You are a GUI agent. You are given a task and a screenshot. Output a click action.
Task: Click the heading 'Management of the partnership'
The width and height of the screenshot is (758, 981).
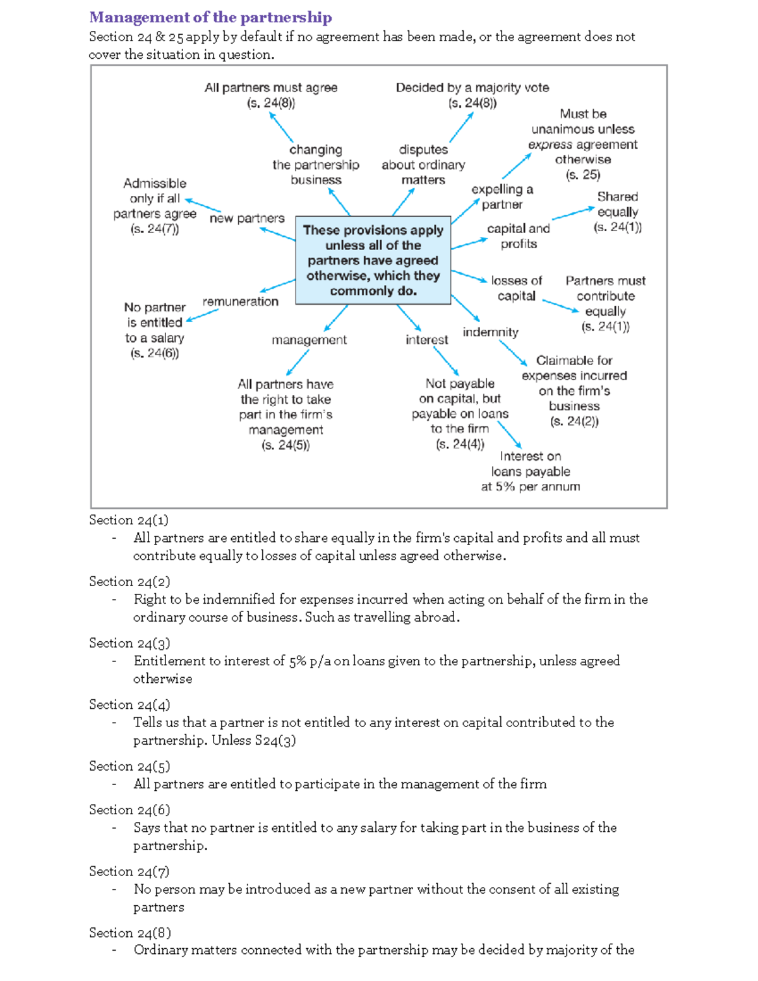click(210, 17)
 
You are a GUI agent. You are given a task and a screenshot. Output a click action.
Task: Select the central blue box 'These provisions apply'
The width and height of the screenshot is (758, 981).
click(373, 260)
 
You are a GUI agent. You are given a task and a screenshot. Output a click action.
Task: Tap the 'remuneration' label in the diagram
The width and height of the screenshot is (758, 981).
click(240, 301)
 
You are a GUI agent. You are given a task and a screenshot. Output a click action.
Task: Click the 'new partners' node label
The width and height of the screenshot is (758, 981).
click(247, 218)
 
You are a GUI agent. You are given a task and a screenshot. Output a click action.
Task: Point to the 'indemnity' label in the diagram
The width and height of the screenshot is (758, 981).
click(490, 332)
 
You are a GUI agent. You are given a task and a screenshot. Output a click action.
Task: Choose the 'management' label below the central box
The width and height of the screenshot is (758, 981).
click(309, 340)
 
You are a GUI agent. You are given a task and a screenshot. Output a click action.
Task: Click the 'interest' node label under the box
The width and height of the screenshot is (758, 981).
click(426, 340)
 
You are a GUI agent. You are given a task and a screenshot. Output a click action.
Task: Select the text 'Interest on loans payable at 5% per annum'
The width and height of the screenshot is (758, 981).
click(530, 471)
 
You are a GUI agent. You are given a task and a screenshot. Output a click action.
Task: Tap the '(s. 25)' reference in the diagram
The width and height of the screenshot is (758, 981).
click(582, 175)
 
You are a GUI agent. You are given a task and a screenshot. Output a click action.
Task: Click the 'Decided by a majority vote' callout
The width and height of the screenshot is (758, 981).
click(472, 88)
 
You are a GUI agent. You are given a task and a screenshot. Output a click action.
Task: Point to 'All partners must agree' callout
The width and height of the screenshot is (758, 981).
click(271, 88)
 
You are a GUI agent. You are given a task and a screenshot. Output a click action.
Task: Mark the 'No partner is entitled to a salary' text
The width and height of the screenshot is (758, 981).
click(155, 330)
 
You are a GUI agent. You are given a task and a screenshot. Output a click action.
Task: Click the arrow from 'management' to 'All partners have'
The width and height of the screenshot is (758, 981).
click(298, 363)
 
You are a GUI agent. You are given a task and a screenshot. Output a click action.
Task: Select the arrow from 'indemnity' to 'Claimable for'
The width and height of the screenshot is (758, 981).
click(513, 352)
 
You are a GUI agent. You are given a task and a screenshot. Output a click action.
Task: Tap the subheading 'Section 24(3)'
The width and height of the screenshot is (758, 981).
click(129, 643)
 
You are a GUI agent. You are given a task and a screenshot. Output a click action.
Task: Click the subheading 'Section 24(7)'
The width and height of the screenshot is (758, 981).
click(129, 872)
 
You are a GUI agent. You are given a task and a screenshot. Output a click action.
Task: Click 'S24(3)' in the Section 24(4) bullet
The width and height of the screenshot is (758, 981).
click(275, 740)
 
